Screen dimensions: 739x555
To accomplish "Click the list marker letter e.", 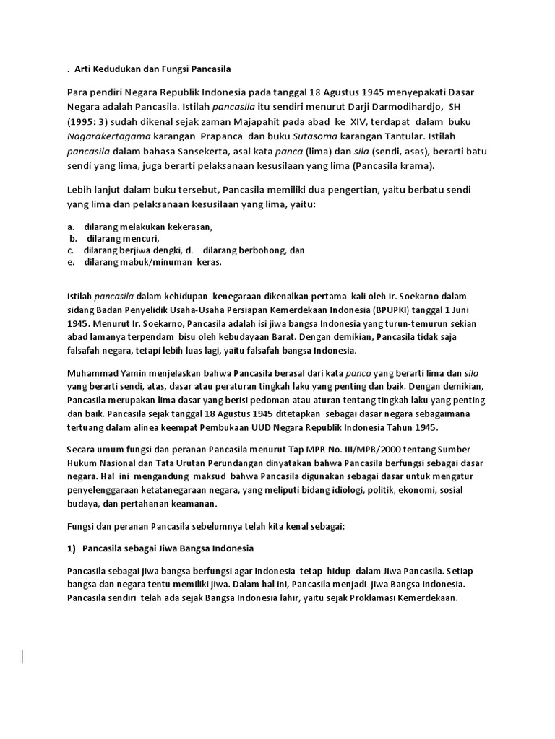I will click(x=70, y=262).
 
